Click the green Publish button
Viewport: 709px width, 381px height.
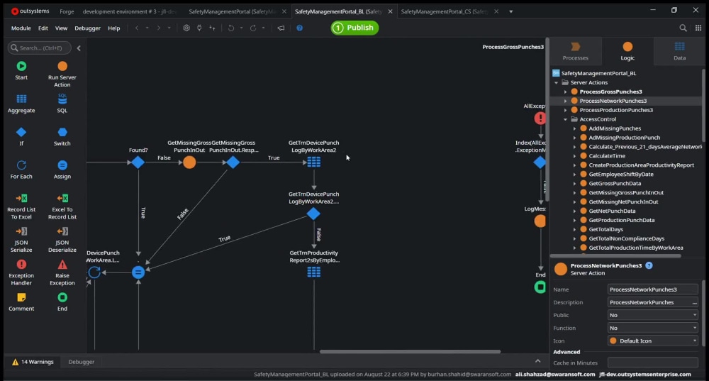point(354,28)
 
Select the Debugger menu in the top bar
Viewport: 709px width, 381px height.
point(87,28)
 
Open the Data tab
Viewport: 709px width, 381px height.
point(679,51)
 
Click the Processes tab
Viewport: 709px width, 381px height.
point(575,51)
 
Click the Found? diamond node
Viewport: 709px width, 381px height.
point(138,162)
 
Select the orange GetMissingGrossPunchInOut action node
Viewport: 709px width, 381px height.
point(189,162)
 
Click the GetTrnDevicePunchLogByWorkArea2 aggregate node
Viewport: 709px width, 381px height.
point(313,162)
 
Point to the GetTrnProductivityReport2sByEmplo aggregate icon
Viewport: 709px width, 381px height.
point(313,272)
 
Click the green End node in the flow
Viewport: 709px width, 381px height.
point(540,287)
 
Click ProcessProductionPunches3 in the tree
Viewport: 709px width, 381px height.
point(615,110)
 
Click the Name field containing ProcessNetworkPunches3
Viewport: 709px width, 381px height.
point(652,289)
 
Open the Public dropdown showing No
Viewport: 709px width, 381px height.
point(652,315)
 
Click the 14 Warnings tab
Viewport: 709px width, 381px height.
point(33,362)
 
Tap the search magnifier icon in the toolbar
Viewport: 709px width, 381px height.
point(683,28)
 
